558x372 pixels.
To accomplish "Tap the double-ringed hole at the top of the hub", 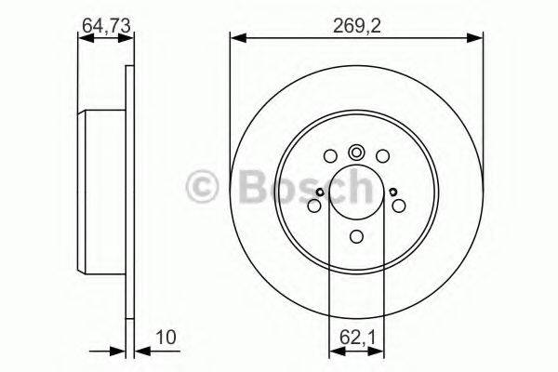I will (x=356, y=153).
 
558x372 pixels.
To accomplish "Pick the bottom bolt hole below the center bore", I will (x=356, y=236).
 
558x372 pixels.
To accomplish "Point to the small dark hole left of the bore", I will (x=319, y=193).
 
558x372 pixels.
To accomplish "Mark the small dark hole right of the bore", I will (x=394, y=193).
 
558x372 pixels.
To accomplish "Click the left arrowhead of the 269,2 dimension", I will (x=236, y=38).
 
